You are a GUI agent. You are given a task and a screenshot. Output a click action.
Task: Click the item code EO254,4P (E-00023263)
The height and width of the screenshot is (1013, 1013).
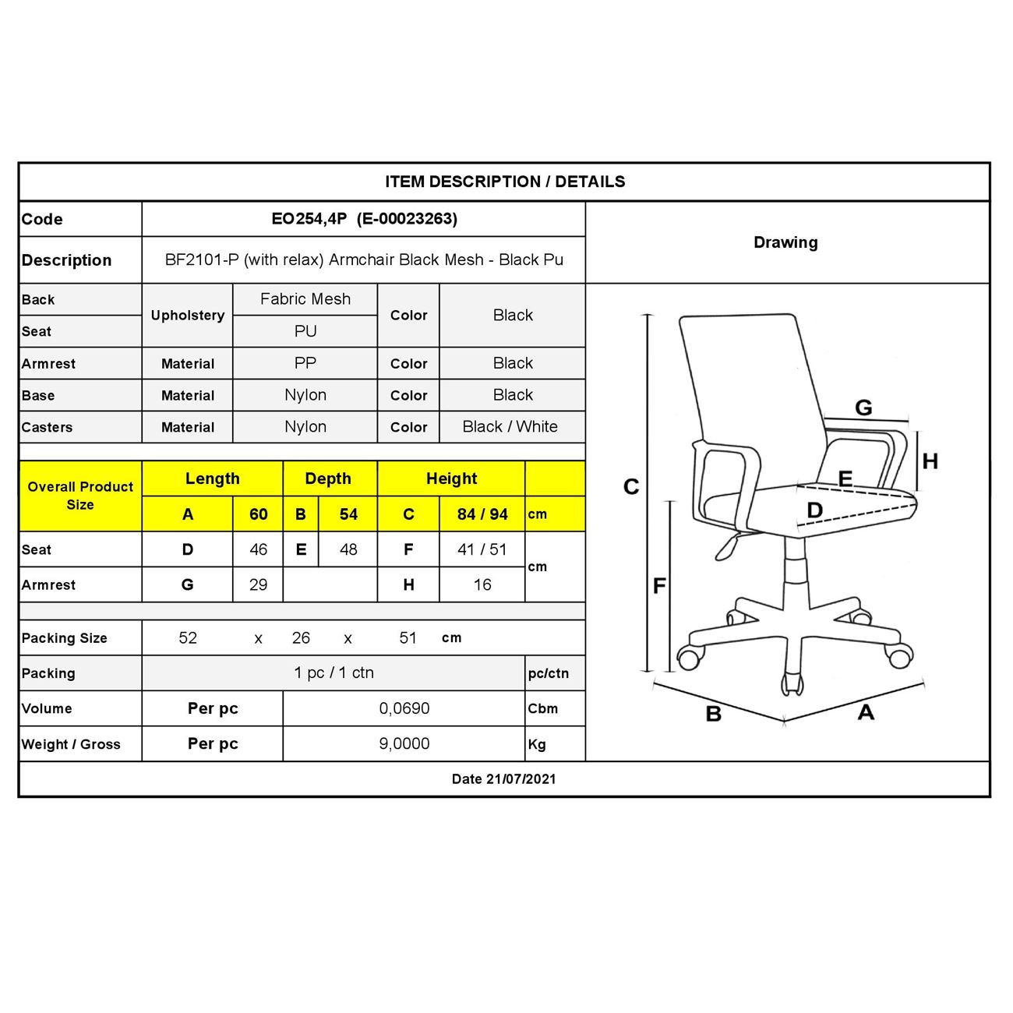[364, 219]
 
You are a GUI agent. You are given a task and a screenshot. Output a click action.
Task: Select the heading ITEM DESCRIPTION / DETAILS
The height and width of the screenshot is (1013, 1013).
[505, 182]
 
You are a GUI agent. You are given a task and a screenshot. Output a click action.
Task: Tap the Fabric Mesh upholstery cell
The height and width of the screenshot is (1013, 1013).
[305, 299]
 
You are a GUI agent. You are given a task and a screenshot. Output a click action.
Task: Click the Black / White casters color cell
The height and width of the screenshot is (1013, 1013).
[510, 427]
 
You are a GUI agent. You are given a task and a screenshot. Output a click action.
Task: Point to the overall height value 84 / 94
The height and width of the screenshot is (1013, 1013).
[482, 514]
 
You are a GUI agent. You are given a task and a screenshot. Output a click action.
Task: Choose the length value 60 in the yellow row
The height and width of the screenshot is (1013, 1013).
[258, 514]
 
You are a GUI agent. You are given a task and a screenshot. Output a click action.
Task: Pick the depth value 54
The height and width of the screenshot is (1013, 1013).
[348, 514]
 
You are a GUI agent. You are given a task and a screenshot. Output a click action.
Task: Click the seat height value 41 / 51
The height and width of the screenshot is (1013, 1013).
[482, 549]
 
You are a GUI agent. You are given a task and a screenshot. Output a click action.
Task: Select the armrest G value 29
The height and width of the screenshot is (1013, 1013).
[258, 584]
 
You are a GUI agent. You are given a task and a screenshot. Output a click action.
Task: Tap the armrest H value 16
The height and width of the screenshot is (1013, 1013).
[482, 584]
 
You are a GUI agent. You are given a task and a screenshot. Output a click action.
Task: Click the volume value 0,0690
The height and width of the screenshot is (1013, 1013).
[404, 708]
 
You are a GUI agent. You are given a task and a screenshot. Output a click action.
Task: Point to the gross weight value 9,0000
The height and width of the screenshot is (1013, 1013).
[404, 743]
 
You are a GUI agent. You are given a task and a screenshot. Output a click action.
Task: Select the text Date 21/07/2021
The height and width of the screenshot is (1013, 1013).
[504, 779]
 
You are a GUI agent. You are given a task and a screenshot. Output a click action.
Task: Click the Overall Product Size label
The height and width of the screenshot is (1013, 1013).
[80, 496]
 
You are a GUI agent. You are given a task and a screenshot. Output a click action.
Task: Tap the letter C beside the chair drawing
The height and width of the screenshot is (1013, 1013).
[631, 487]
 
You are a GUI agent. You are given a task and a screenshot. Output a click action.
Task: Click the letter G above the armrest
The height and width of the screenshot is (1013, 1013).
[863, 408]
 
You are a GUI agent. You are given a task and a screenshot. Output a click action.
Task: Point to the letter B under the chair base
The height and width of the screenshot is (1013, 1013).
[713, 714]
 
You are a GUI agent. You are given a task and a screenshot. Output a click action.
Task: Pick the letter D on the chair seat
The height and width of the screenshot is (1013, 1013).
[814, 510]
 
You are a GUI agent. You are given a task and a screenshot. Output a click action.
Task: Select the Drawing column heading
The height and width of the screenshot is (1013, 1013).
[785, 242]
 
